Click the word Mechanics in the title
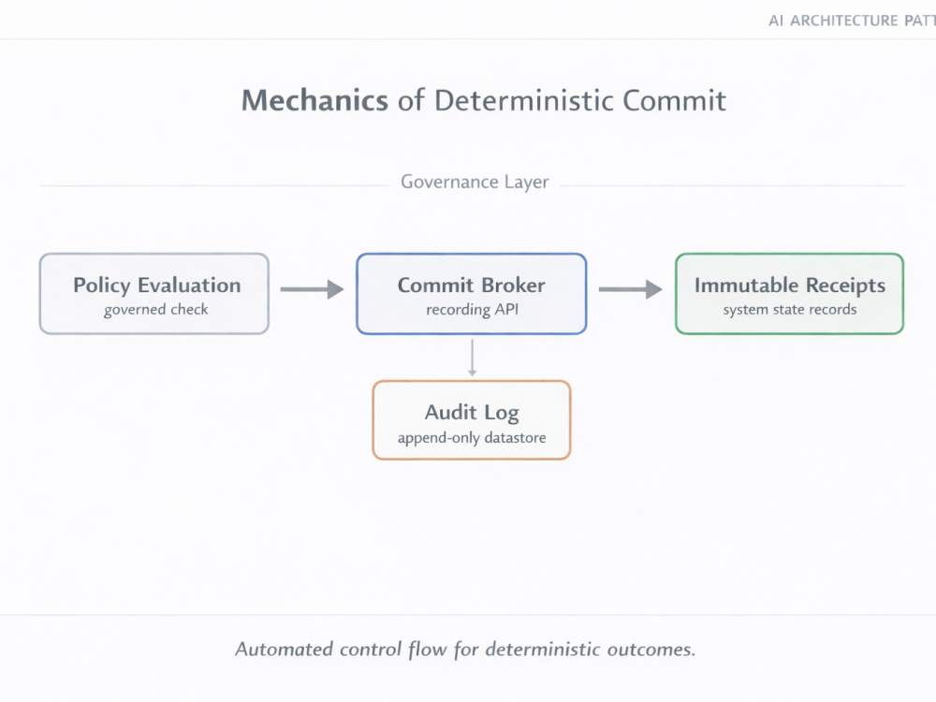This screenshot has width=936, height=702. click(x=314, y=100)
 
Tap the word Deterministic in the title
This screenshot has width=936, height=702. click(x=523, y=100)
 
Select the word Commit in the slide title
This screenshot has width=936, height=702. click(x=675, y=100)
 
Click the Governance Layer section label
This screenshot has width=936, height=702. click(x=475, y=183)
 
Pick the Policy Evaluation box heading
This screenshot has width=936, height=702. click(x=157, y=285)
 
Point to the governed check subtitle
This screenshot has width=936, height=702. click(x=155, y=310)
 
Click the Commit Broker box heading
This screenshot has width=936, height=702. click(x=472, y=285)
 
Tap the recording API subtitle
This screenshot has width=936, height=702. click(x=472, y=310)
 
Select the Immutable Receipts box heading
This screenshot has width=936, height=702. click(x=790, y=285)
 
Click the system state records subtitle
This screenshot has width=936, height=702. click(x=790, y=310)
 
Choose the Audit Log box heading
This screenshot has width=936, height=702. click(x=472, y=413)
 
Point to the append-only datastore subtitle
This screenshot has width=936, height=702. click(x=472, y=438)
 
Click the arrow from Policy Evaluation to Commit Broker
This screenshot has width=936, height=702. click(x=313, y=289)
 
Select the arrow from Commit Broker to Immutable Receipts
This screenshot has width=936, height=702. click(x=630, y=289)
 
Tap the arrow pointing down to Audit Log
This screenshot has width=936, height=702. click(x=472, y=358)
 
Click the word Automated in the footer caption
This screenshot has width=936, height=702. click(x=284, y=650)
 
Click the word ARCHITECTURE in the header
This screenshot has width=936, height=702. click(x=844, y=21)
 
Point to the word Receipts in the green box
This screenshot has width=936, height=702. click(x=846, y=285)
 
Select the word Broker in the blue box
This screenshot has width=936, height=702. click(x=513, y=285)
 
